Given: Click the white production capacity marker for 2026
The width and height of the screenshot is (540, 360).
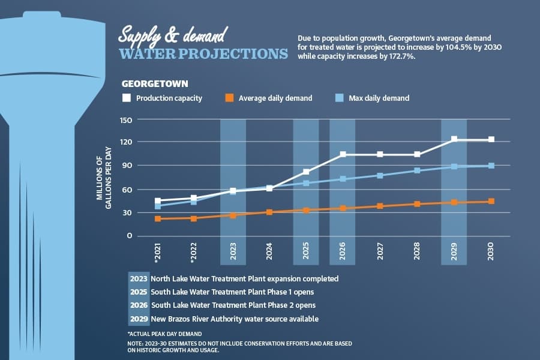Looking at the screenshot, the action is (343, 154).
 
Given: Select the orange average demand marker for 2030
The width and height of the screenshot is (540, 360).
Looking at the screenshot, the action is (491, 201).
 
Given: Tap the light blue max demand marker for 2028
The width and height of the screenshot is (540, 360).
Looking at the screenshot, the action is (417, 170).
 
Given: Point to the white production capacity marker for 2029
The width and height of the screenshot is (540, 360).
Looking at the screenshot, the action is (454, 139).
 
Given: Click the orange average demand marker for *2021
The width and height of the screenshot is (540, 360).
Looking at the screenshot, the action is (158, 219).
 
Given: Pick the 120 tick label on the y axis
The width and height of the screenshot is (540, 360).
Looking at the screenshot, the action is (126, 142).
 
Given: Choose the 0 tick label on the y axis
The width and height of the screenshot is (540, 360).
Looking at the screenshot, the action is (130, 236).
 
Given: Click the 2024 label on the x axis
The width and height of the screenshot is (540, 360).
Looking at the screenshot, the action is (269, 251).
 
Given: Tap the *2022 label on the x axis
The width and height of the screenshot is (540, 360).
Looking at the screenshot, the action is (194, 253).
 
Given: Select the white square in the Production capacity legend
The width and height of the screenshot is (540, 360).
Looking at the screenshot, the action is (127, 98).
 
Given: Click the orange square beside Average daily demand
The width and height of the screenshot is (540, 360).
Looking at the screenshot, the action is (229, 98).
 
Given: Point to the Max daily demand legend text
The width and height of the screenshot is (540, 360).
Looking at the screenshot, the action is (379, 98).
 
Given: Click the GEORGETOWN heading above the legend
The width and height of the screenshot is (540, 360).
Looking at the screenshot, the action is (155, 84).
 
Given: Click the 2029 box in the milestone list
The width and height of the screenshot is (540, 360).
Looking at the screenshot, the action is (139, 319).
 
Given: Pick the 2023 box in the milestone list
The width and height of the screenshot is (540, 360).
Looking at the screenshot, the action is (139, 278).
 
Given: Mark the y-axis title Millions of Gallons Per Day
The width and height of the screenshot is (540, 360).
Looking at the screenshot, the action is (104, 178).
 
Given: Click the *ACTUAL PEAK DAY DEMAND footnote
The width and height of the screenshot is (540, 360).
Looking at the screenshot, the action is (164, 334).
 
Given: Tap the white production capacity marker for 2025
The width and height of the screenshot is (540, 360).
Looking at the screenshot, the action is (306, 172).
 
